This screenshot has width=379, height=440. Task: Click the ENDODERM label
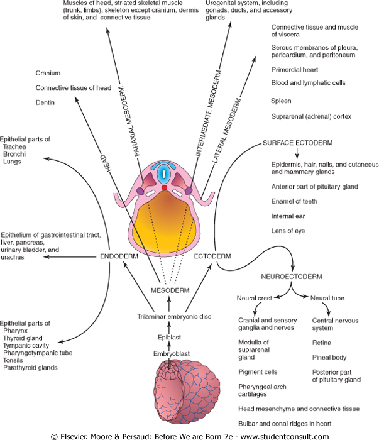pos(118,256)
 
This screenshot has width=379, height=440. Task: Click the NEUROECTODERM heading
pos(290,276)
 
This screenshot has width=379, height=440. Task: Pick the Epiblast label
pos(170,338)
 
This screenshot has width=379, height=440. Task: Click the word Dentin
pos(46,102)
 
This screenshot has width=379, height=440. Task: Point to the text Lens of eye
pos(288,231)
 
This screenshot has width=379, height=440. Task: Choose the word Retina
pos(322,343)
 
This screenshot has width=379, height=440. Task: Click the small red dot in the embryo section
pos(164,188)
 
